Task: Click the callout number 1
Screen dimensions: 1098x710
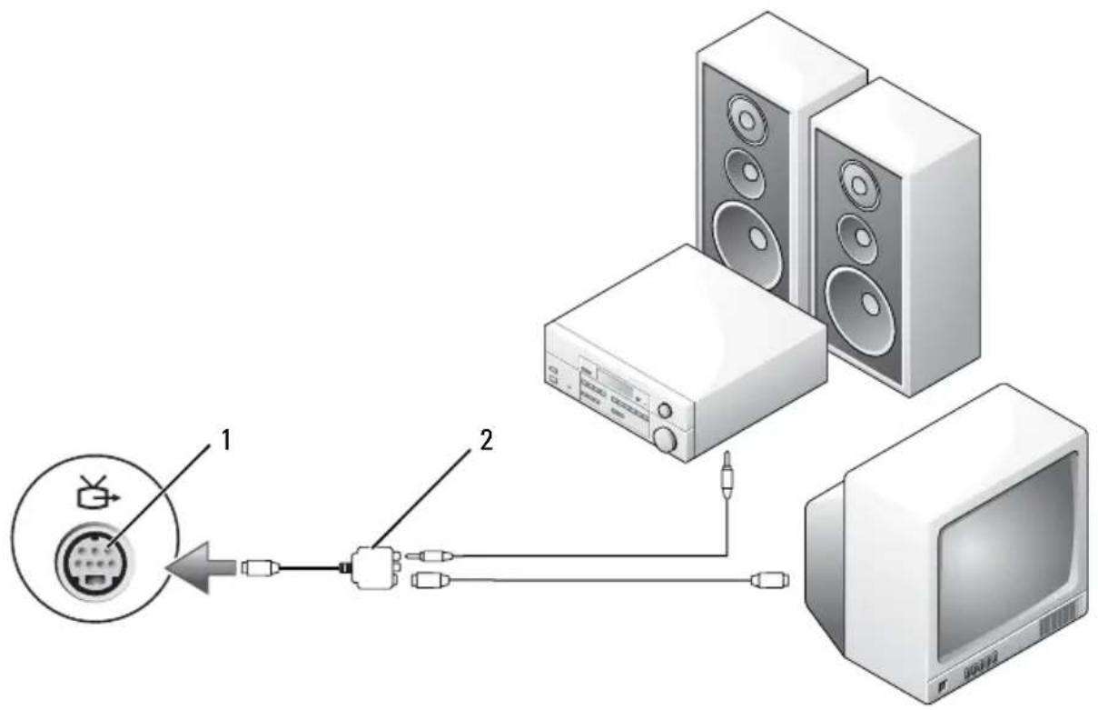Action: (x=225, y=440)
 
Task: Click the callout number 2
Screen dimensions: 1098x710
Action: (x=486, y=440)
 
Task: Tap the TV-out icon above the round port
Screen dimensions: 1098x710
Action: (x=97, y=493)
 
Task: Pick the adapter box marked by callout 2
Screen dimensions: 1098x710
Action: (x=375, y=567)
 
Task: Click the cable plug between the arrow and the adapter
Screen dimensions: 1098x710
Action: (x=261, y=568)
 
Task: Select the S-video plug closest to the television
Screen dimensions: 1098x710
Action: (x=769, y=580)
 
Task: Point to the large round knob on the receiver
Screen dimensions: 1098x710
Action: (x=665, y=439)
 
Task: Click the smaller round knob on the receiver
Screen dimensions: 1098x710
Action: (x=665, y=410)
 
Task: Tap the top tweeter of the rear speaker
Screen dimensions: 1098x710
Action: (x=747, y=119)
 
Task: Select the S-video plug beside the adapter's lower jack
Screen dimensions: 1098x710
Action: (x=430, y=581)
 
